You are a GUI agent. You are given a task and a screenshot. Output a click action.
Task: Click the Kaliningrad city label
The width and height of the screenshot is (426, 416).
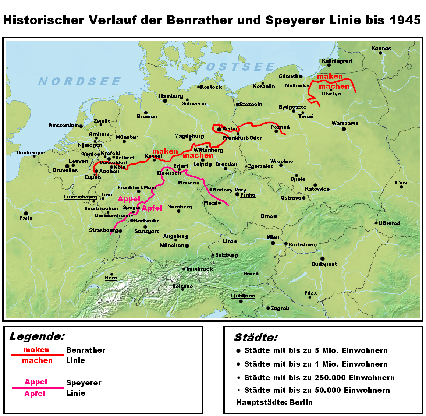click(337, 61)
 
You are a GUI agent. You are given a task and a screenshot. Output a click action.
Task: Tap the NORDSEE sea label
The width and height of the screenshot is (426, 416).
click(79, 81)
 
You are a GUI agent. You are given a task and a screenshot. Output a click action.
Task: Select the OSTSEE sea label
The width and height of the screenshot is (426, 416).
click(241, 67)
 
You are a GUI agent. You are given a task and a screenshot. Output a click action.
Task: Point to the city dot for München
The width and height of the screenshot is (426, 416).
click(187, 246)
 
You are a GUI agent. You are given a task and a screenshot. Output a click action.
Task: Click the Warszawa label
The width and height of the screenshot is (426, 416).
click(345, 123)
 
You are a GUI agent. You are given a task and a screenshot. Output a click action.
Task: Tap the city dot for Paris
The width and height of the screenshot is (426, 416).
click(26, 213)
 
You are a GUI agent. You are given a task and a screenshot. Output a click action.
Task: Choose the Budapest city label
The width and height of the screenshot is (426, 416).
click(324, 264)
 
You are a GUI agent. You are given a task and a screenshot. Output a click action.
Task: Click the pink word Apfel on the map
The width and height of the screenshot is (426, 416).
click(152, 208)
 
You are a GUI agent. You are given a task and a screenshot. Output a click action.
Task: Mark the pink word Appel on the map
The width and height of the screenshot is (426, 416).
click(129, 199)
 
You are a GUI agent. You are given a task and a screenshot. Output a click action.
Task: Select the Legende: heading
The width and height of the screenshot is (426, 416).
click(37, 336)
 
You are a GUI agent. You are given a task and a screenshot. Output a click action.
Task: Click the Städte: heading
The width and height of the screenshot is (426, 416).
click(256, 337)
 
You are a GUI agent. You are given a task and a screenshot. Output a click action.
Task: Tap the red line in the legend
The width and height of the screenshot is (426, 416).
click(38, 355)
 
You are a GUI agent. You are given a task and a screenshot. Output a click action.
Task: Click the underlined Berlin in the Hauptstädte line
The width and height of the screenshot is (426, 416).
click(301, 402)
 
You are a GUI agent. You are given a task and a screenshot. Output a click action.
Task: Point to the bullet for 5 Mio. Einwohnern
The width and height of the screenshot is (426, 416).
click(238, 351)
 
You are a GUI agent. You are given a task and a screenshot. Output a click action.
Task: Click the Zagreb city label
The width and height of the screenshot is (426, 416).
click(280, 308)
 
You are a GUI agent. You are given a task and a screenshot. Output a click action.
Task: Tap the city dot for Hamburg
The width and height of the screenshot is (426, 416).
click(165, 101)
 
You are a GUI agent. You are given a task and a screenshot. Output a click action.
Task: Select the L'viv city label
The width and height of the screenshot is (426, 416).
click(401, 183)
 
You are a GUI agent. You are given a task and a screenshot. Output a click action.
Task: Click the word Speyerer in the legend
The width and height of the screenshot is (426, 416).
click(84, 383)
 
